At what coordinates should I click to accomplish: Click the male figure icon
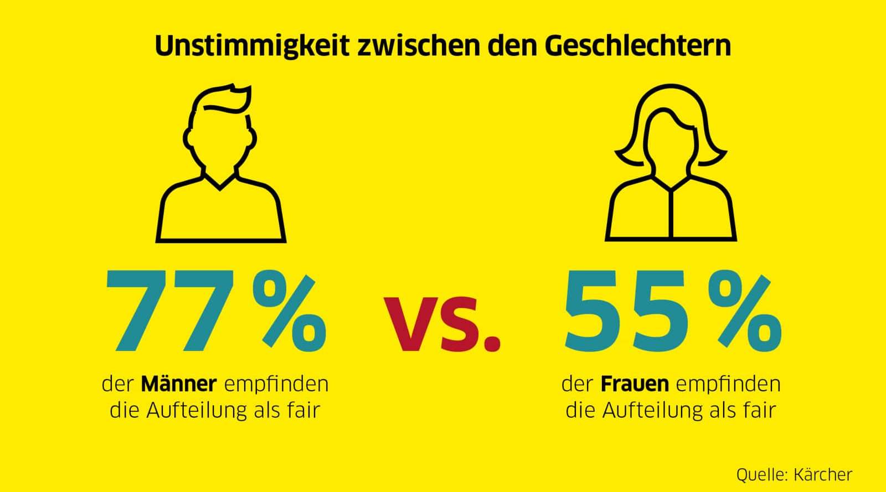click(x=221, y=166)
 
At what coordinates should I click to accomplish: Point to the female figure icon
click(x=671, y=166)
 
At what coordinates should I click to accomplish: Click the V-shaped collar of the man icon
click(x=220, y=183)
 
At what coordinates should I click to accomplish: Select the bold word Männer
click(x=178, y=384)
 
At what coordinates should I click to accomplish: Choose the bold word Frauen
click(x=635, y=384)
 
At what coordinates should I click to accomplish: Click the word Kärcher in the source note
click(x=822, y=474)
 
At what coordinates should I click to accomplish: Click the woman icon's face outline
click(x=671, y=138)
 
